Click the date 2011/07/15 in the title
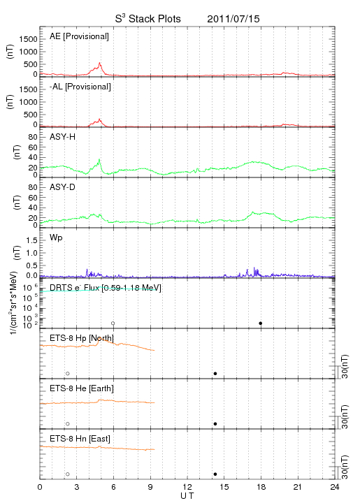pos(233,19)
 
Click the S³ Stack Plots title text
pos(148,19)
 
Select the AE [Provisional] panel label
pos(79,36)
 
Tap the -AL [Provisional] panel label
pos(80,87)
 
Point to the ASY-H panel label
pos(63,137)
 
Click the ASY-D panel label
pos(63,187)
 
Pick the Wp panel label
pos(56,238)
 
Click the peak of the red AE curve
pos(99,63)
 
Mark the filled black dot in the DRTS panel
pos(261,323)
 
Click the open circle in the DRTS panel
pos(113,323)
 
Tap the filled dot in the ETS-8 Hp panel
pos(215,373)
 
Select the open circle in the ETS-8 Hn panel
pos(67,474)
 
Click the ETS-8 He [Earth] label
pos(82,388)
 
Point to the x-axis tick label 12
pos(187,487)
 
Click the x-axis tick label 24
pos(335,487)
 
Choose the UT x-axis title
pos(187,496)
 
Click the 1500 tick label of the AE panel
pos(28,39)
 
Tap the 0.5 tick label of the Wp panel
pos(31,265)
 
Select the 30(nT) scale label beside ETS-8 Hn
pos(345,467)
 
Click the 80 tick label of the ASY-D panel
pos(33,187)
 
